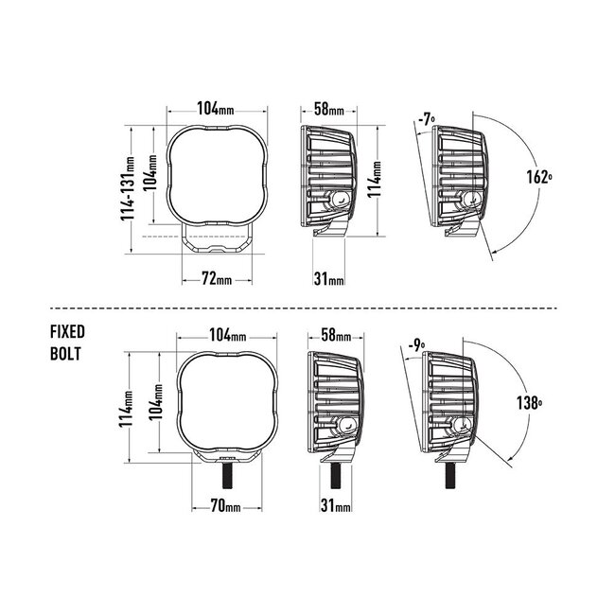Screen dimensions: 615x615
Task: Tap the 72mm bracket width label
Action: (x=217, y=278)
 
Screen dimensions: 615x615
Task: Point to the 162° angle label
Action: (x=539, y=177)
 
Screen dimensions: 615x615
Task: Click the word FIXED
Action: (x=68, y=332)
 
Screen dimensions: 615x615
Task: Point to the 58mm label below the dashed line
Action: (x=336, y=336)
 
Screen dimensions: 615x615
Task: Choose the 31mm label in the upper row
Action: (x=328, y=278)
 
